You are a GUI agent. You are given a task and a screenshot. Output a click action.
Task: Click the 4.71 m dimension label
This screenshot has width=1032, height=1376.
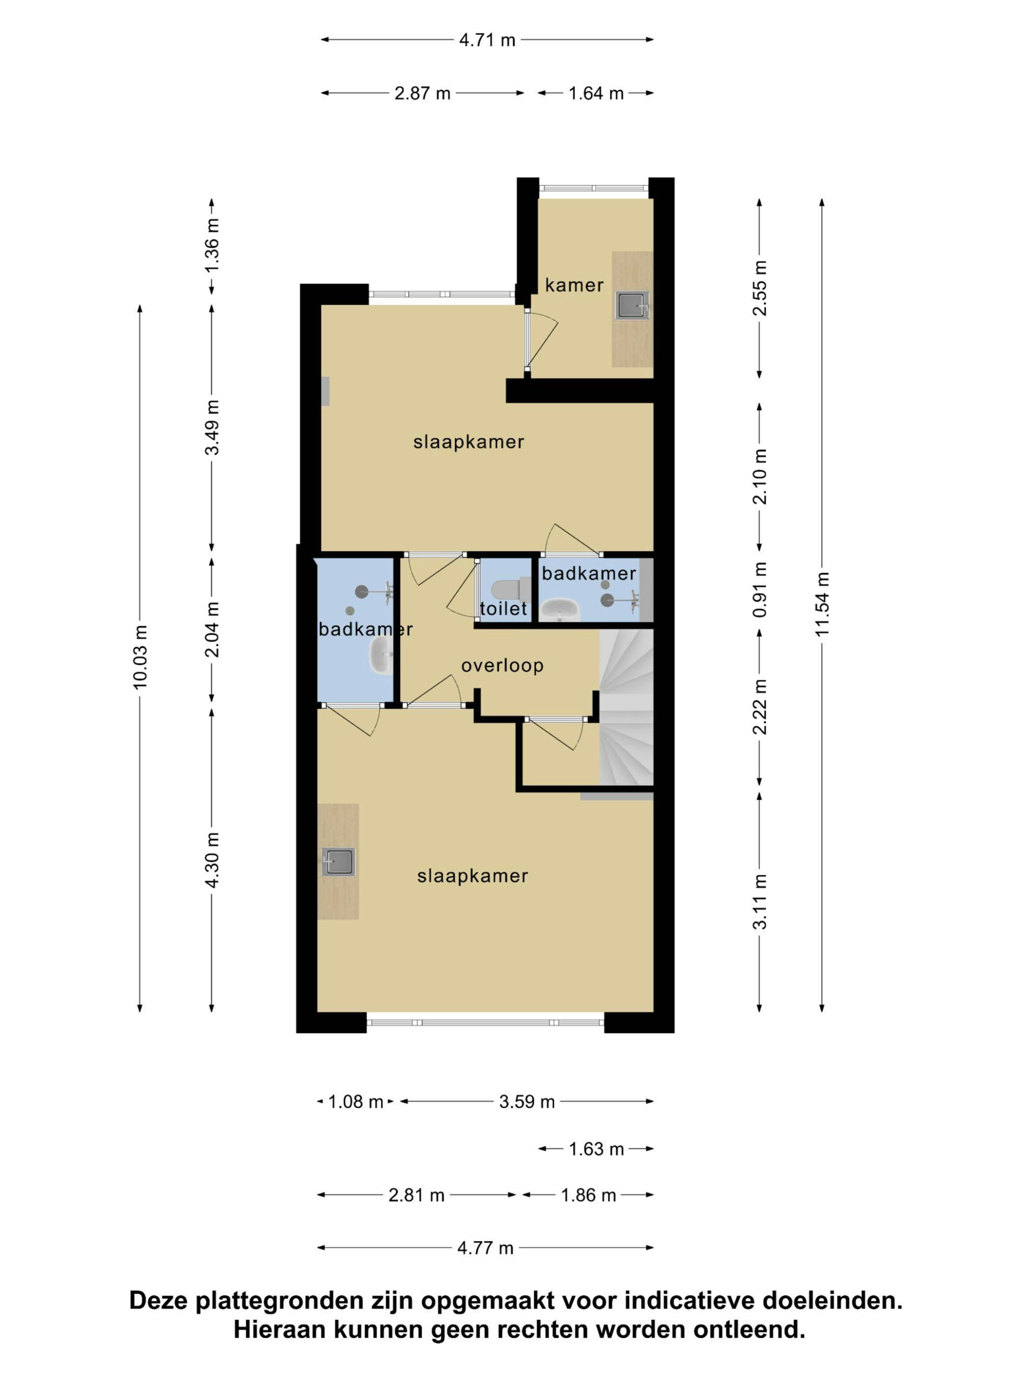(487, 40)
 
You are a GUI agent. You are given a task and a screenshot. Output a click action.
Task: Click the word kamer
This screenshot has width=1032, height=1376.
(574, 286)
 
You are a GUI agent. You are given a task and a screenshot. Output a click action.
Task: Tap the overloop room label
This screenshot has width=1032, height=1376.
(503, 665)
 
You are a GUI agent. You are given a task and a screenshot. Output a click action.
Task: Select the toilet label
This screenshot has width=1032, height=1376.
(503, 608)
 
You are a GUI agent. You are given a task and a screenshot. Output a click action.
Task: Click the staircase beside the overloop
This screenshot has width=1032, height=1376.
(626, 707)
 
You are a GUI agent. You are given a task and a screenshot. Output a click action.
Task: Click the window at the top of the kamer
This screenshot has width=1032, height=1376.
(594, 188)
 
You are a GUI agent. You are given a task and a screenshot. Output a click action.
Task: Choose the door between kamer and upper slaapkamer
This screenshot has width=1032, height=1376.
(538, 340)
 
